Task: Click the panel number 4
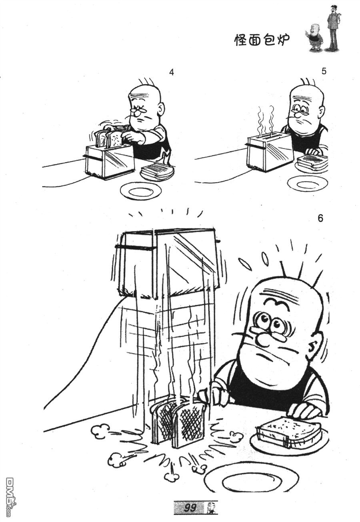[172, 72]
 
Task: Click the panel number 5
[324, 71]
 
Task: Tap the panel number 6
[320, 219]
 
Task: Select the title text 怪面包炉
[262, 40]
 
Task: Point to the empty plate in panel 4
[141, 191]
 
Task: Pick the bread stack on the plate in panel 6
[288, 430]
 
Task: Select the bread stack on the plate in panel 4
[157, 171]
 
